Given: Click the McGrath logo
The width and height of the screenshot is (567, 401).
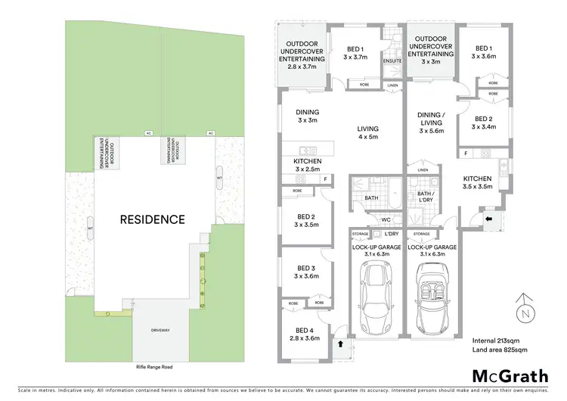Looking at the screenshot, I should (x=507, y=376).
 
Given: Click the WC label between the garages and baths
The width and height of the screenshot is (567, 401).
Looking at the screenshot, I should (x=385, y=219).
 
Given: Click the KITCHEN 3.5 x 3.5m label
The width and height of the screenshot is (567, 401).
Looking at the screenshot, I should (x=477, y=182).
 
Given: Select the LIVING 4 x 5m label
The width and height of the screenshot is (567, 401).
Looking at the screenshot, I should (x=367, y=133).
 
